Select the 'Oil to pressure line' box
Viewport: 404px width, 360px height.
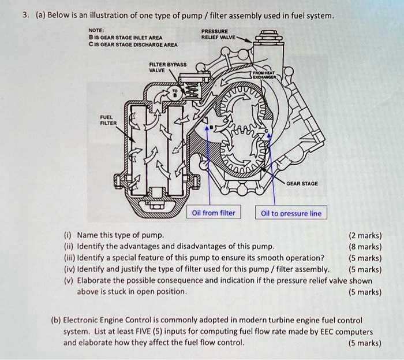pos(291,213)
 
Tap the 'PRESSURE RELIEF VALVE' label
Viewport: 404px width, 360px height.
pos(215,34)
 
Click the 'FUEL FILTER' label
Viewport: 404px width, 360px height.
pos(109,119)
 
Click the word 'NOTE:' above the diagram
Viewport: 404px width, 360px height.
pos(96,30)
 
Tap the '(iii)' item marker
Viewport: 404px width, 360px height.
pos(68,257)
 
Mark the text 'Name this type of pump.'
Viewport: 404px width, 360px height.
pos(120,235)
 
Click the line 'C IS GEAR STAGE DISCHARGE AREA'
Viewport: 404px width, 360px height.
pos(133,44)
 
